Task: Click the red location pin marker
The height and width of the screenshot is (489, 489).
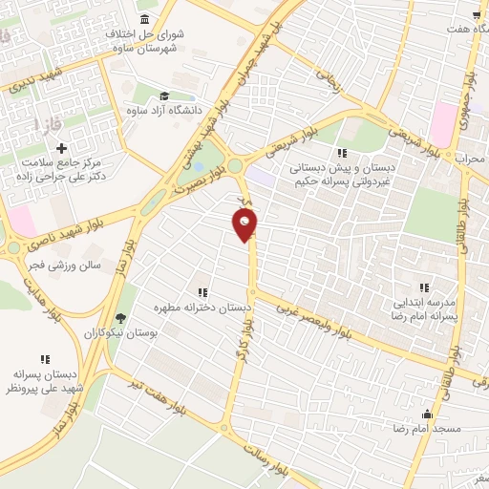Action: point(245,224)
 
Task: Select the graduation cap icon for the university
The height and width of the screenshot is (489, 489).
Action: point(163,97)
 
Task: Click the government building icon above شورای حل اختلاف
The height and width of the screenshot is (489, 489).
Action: point(144,19)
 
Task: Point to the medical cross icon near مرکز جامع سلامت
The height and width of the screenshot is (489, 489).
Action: point(61,149)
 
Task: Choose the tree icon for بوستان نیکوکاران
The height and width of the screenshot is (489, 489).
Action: point(119,319)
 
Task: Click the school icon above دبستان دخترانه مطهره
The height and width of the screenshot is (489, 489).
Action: point(202,292)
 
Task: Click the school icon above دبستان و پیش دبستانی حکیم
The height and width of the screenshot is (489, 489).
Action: point(341,152)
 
